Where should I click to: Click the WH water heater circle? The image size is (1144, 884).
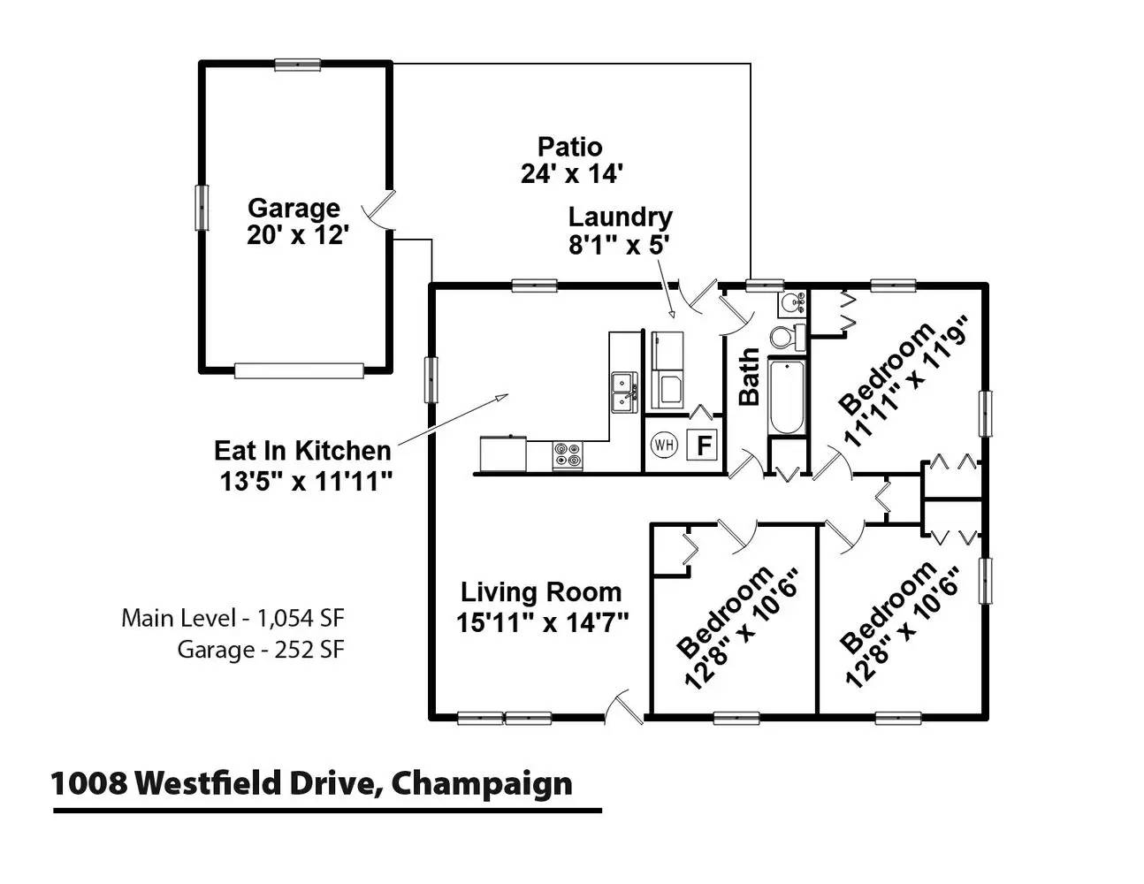(x=663, y=445)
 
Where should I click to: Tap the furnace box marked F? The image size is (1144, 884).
(x=703, y=446)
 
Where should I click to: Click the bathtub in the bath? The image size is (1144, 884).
(x=786, y=396)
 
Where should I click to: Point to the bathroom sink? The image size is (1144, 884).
(x=792, y=303)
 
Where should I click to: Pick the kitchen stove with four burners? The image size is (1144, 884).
(x=568, y=454)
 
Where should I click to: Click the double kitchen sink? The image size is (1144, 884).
(x=624, y=392)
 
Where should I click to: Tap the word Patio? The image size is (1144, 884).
(x=569, y=147)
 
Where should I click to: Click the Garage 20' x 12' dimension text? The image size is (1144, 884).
(x=298, y=234)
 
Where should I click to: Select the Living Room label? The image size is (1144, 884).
(x=541, y=592)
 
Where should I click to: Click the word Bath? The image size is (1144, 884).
(x=749, y=376)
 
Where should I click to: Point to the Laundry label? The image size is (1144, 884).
(x=620, y=217)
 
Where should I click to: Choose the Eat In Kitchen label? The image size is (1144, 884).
(x=302, y=451)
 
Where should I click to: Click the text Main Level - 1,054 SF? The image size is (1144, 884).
(x=233, y=618)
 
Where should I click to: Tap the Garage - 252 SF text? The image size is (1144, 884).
(x=261, y=650)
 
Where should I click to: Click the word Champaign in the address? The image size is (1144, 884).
(x=481, y=785)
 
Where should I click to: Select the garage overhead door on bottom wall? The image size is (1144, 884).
(x=299, y=370)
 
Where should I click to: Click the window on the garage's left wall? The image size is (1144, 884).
(x=202, y=208)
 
